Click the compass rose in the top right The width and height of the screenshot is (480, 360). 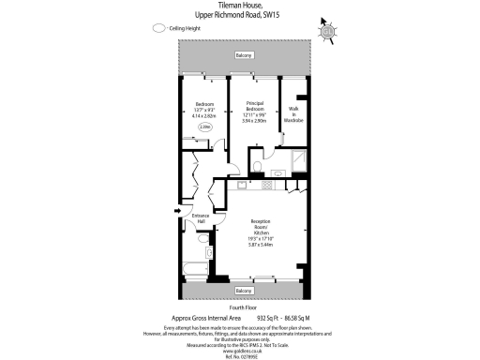327,31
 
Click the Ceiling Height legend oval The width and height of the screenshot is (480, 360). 157,29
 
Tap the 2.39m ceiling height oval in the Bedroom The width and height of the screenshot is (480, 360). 205,126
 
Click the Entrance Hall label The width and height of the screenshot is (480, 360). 200,218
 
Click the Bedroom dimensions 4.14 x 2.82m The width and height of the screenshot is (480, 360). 204,115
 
